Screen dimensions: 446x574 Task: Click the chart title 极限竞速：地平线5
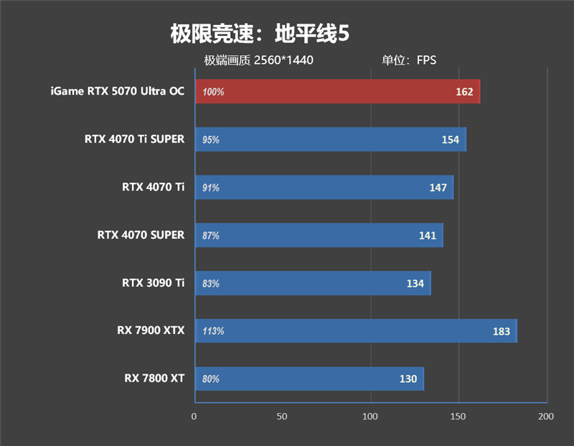click(260, 34)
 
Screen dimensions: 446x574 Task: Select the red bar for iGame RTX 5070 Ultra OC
click(337, 92)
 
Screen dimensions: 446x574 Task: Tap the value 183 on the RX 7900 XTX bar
click(501, 331)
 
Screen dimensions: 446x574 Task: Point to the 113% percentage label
click(213, 331)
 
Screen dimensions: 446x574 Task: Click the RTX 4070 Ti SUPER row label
click(134, 139)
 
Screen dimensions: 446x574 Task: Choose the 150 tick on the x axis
click(458, 416)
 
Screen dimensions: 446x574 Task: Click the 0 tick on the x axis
click(194, 416)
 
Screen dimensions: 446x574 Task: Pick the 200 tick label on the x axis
click(546, 416)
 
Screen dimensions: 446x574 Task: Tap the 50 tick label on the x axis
click(282, 416)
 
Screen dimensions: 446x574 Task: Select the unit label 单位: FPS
click(409, 60)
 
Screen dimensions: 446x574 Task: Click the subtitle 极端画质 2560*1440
click(258, 60)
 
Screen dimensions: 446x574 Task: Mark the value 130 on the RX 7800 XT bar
click(408, 379)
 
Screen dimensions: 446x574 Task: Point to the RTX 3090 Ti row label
click(153, 283)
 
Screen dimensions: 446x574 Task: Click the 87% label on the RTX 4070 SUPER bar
click(211, 235)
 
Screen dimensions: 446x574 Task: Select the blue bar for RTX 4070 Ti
click(323, 187)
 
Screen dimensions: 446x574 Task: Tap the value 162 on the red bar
click(464, 92)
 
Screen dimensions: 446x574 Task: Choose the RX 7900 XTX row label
click(151, 331)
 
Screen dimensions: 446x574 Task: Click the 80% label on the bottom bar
click(211, 379)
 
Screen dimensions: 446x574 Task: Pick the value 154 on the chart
click(450, 140)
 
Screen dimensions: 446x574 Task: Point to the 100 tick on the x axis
click(370, 416)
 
